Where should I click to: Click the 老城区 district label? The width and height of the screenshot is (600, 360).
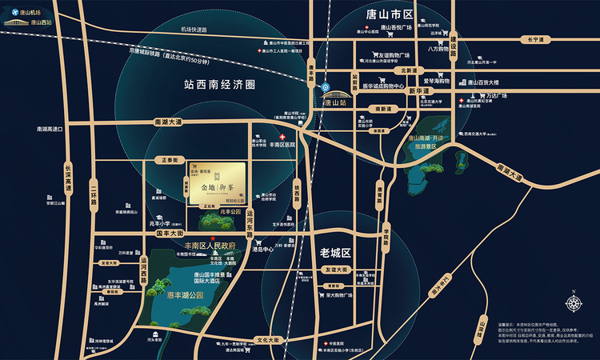click(x=335, y=252)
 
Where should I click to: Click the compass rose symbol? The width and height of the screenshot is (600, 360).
click(x=574, y=305)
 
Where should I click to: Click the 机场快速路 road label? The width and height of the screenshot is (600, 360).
click(x=194, y=30)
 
